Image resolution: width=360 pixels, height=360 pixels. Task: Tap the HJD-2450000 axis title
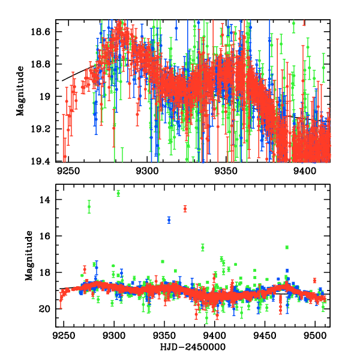tap(190, 347)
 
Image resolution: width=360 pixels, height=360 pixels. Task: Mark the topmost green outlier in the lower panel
tap(118, 193)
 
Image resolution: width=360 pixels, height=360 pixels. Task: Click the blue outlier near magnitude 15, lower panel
tap(169, 220)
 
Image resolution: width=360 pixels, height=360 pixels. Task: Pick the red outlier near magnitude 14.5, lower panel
tap(185, 208)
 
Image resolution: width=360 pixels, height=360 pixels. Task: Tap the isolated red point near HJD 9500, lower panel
tap(314, 280)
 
